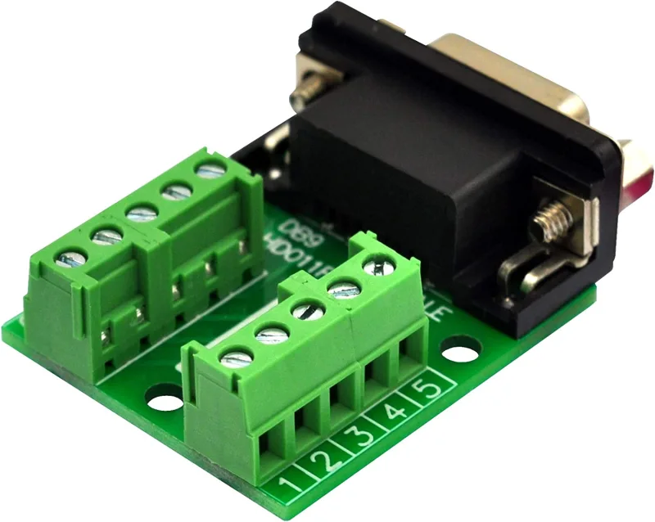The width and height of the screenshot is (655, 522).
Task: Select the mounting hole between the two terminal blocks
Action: (x=165, y=400)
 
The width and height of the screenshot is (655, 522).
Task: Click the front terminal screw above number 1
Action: (x=236, y=356)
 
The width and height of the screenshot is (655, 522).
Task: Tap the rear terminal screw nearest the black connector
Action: (x=211, y=170)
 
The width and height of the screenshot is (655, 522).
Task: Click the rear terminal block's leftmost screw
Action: (x=70, y=259)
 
